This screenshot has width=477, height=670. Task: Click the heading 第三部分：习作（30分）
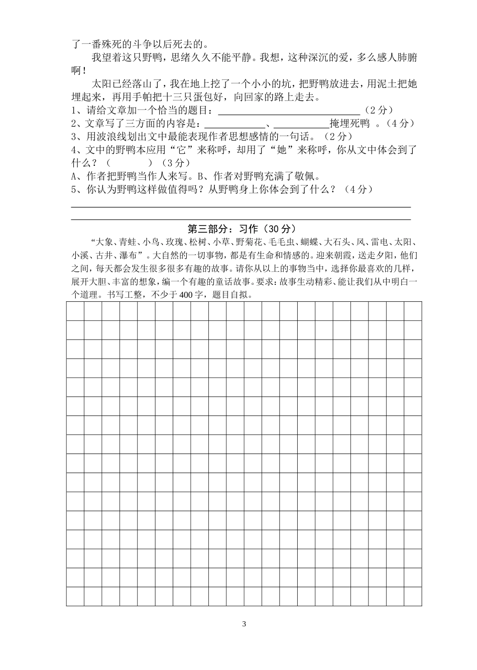coord(238,229)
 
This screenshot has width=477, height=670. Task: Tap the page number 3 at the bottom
coord(244,624)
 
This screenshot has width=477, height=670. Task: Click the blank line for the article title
coord(289,110)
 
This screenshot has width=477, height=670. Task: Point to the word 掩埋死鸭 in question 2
coord(349,124)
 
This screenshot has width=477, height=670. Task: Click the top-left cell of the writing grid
coord(75,311)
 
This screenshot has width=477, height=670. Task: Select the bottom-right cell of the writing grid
coord(413,596)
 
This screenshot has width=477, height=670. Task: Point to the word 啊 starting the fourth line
coord(76,71)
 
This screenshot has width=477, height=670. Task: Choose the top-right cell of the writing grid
coord(413,311)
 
